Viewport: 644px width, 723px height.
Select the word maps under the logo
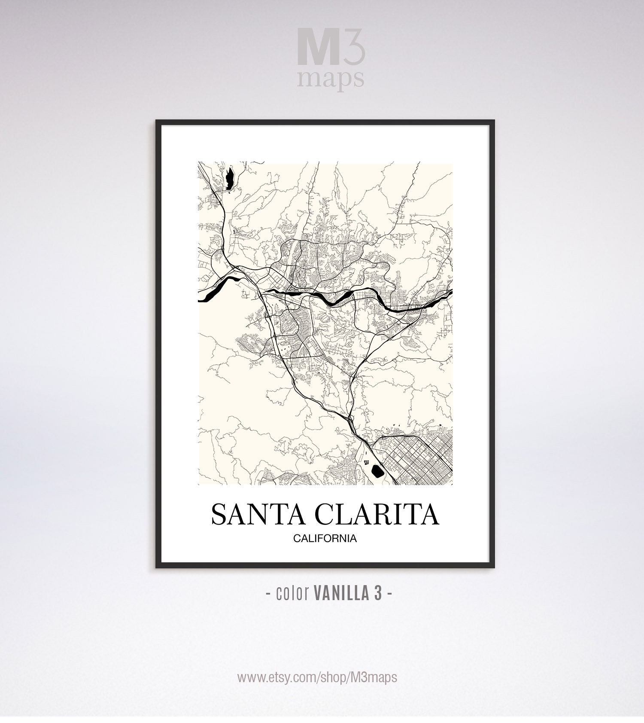[331, 79]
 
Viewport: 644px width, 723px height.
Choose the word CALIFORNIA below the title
[325, 538]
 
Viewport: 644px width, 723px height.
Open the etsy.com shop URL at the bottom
[317, 677]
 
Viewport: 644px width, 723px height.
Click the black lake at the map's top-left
[229, 177]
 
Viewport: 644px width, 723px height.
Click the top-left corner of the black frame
[157, 122]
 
